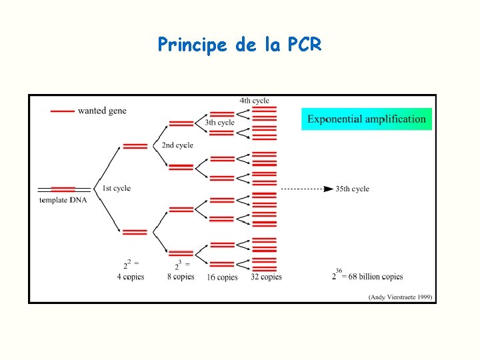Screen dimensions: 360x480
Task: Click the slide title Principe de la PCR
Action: [239, 45]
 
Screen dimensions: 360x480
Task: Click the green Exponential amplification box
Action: [366, 119]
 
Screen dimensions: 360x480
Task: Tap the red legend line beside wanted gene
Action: [62, 111]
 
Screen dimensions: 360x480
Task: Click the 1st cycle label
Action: [116, 189]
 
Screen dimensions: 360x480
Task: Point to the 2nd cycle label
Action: [177, 145]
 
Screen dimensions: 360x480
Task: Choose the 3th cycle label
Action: [219, 123]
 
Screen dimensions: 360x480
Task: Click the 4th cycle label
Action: [254, 101]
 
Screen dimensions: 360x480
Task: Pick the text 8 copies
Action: [181, 276]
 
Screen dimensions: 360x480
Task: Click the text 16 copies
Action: [222, 277]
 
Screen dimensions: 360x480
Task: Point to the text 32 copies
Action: [266, 277]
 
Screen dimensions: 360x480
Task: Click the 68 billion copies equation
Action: [367, 275]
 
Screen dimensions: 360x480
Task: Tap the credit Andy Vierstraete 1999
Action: [400, 297]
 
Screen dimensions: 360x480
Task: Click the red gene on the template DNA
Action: [63, 189]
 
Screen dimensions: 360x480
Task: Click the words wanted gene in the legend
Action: [102, 111]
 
